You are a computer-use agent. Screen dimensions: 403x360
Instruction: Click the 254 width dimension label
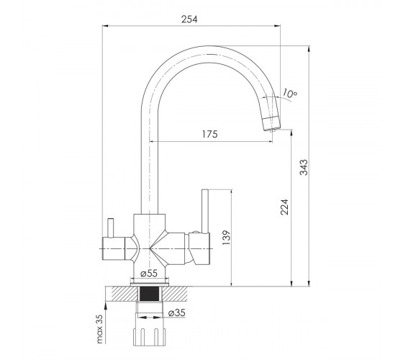[x=189, y=19]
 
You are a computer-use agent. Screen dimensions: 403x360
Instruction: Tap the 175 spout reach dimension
[x=209, y=134]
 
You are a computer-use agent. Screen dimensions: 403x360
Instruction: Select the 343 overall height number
[x=304, y=167]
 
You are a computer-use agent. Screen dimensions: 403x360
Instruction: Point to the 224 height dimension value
[x=284, y=207]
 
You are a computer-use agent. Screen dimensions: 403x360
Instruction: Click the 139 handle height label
[x=226, y=238]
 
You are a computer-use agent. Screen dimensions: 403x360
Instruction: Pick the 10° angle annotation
[x=290, y=93]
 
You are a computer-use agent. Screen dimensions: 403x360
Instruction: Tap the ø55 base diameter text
[x=149, y=273]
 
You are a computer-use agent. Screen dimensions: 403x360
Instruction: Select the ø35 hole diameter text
[x=177, y=312]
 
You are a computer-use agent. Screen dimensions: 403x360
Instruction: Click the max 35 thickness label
[x=99, y=329]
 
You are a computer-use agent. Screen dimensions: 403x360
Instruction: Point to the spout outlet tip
[x=272, y=130]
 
